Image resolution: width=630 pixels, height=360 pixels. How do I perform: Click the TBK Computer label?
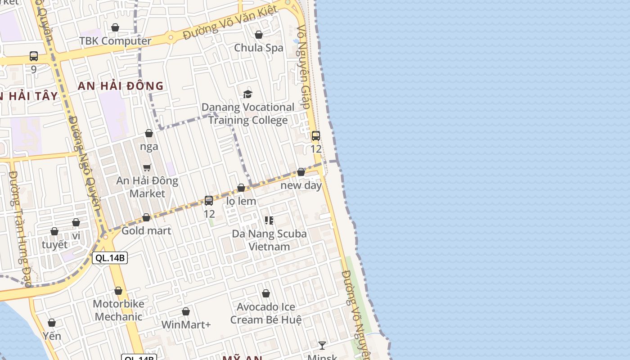tap(115, 41)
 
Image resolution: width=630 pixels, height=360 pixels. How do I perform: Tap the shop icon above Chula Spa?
tap(259, 35)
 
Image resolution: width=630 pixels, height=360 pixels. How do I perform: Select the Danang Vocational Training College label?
tap(247, 113)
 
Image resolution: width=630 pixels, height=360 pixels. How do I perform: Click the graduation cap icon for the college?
tap(247, 94)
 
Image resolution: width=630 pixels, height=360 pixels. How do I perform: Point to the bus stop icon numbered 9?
tap(34, 56)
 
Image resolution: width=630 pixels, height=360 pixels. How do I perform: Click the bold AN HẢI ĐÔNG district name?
tap(121, 86)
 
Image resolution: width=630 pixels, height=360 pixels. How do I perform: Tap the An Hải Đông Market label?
tap(147, 187)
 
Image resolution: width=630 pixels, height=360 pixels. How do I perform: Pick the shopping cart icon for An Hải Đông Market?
tap(147, 168)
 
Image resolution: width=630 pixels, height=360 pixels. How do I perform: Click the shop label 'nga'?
tap(149, 147)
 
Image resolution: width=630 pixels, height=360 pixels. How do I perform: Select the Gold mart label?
tap(146, 231)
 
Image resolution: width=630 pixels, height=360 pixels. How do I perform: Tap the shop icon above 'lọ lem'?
tap(241, 188)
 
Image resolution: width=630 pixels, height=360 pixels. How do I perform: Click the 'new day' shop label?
tap(301, 185)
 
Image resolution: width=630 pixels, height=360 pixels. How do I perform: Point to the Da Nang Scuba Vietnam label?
tap(269, 240)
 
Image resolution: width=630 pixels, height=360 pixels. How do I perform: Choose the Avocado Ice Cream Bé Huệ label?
tap(266, 313)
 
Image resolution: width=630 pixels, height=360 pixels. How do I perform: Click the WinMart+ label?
tap(186, 324)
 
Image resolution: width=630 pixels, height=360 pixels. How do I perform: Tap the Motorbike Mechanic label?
tap(118, 310)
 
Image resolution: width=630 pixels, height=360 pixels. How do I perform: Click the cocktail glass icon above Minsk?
tap(322, 346)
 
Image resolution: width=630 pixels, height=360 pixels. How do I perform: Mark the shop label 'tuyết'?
tap(54, 245)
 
